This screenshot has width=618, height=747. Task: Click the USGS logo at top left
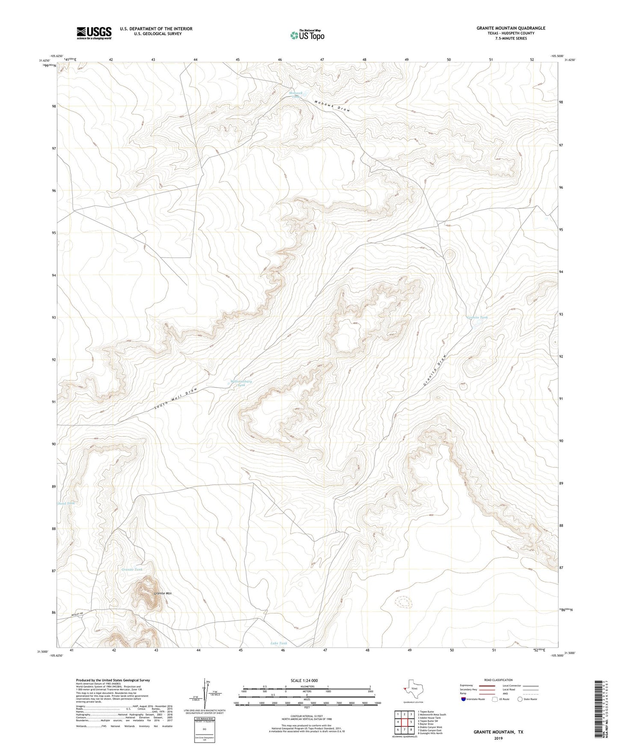(x=94, y=33)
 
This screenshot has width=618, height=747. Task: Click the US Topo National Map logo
(x=307, y=35)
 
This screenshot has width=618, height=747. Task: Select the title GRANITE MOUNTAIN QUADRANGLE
(x=511, y=28)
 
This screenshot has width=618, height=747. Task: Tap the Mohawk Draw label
(x=333, y=106)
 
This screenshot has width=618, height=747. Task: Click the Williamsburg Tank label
(x=241, y=383)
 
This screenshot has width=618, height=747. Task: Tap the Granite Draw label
(x=435, y=370)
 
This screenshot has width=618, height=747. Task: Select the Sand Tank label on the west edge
(x=66, y=503)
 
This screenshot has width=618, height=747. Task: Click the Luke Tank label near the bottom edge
(x=279, y=643)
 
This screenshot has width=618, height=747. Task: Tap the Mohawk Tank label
(x=296, y=95)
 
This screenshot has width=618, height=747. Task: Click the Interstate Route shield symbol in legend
(x=463, y=699)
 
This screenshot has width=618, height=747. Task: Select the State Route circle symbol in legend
(x=520, y=699)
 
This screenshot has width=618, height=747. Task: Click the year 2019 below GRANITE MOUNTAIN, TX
(x=498, y=738)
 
